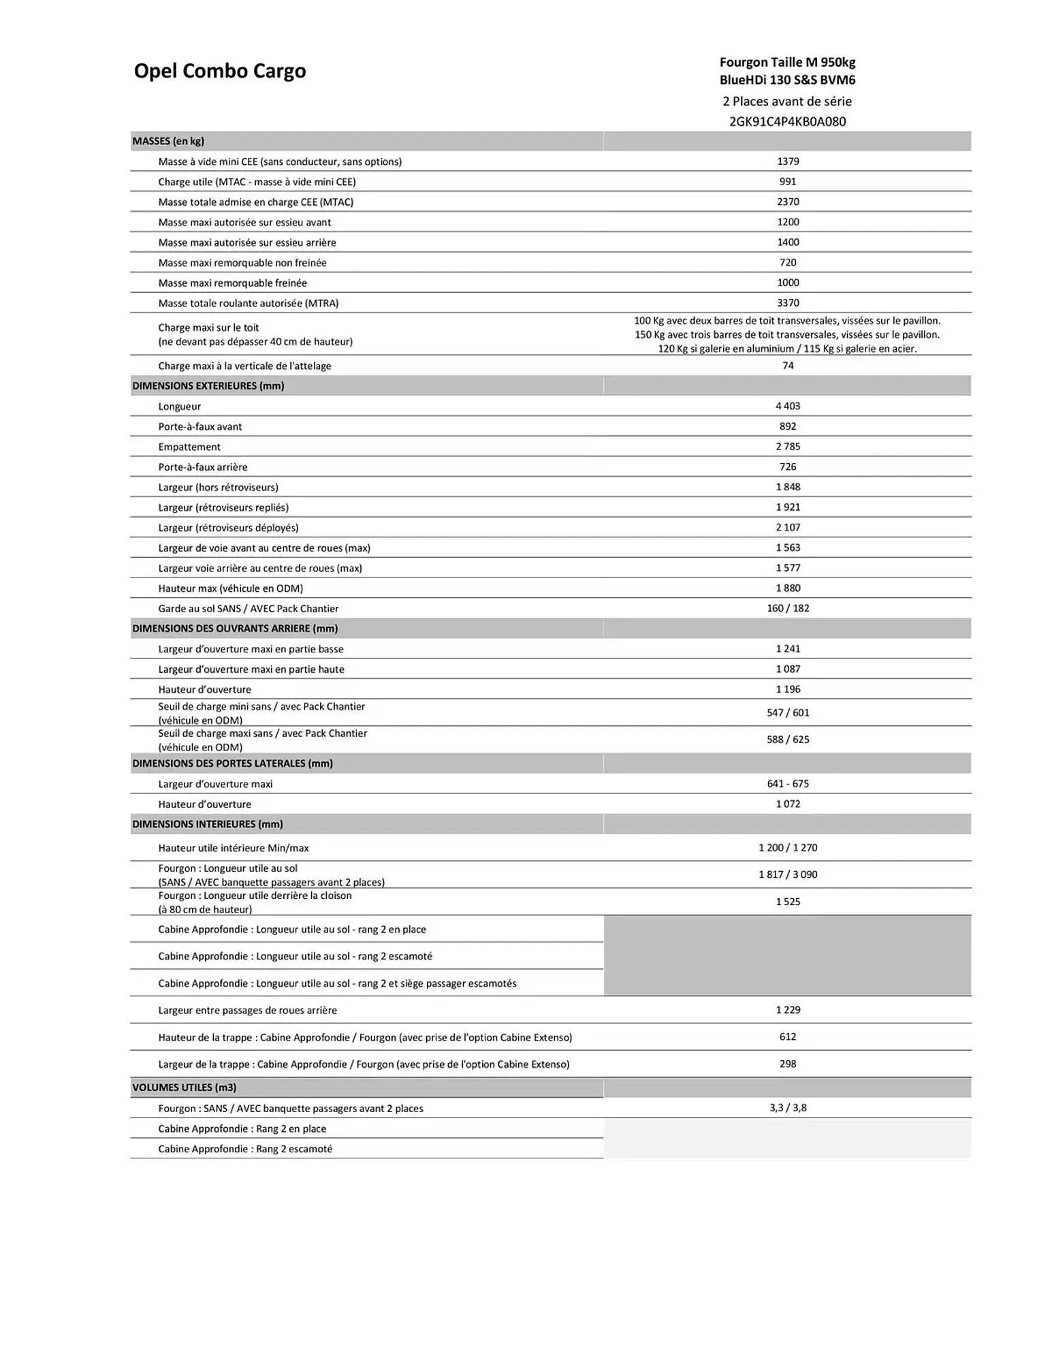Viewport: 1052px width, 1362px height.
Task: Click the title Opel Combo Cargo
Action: click(219, 71)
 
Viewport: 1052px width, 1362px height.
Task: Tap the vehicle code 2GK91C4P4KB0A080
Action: click(787, 122)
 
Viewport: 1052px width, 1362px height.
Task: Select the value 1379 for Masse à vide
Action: click(788, 161)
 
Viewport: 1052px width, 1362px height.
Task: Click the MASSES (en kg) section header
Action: click(168, 141)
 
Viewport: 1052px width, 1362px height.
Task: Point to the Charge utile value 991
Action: click(788, 182)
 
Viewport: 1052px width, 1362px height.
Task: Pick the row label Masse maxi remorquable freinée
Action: click(232, 283)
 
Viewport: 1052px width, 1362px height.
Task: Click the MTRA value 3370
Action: click(788, 303)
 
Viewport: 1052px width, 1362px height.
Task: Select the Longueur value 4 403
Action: click(788, 406)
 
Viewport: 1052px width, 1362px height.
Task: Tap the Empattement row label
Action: click(189, 447)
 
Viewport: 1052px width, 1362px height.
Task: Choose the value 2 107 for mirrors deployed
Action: click(788, 527)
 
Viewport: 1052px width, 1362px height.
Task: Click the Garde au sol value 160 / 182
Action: click(788, 608)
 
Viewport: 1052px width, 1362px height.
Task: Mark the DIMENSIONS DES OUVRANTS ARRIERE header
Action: click(235, 629)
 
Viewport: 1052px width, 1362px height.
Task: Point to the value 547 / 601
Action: click(788, 712)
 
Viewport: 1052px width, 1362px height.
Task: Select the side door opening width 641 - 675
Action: click(788, 784)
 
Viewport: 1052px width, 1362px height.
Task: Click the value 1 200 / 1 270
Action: click(788, 848)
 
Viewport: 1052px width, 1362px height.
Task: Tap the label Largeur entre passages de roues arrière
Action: click(247, 1010)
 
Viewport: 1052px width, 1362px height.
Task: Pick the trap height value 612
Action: click(788, 1036)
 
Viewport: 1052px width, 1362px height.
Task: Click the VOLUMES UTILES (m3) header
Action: click(184, 1088)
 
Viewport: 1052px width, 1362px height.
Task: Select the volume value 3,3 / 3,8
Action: click(788, 1108)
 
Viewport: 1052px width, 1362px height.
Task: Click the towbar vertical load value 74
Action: click(788, 366)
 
